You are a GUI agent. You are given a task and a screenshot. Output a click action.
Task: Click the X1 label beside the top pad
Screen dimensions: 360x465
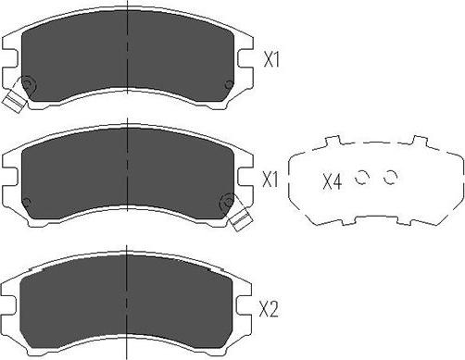coord(271,62)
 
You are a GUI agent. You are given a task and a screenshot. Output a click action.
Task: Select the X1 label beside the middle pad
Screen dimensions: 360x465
coord(271,180)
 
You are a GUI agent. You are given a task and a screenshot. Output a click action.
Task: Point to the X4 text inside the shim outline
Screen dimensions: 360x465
coord(332,181)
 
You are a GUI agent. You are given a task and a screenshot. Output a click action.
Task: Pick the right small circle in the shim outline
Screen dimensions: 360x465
coord(390,178)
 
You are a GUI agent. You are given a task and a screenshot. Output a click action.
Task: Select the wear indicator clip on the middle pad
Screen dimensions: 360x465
coord(240,217)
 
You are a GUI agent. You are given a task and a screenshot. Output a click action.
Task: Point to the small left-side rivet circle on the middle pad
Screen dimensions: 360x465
coord(25,203)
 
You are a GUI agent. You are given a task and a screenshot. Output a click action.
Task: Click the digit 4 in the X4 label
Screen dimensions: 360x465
coord(337,181)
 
